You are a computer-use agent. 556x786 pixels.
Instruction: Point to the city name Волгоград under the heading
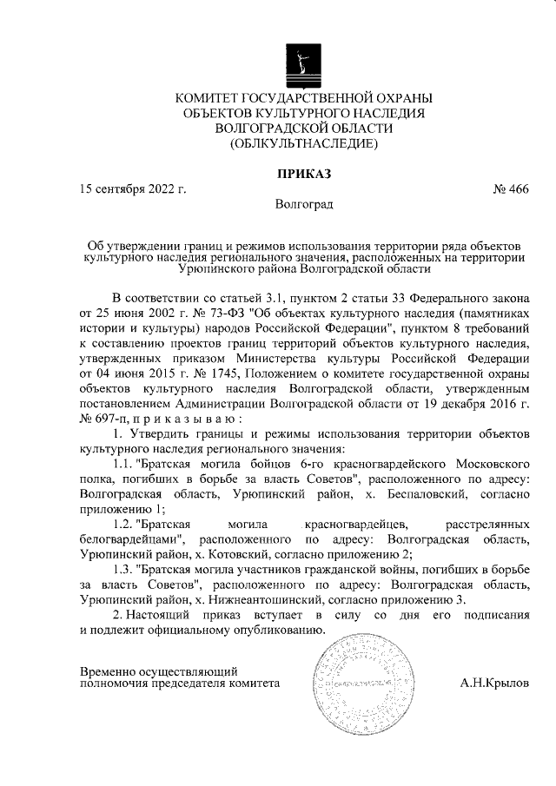(303, 205)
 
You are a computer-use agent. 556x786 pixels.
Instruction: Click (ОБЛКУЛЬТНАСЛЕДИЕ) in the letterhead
(303, 142)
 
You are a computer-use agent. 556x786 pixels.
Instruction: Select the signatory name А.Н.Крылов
(493, 684)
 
